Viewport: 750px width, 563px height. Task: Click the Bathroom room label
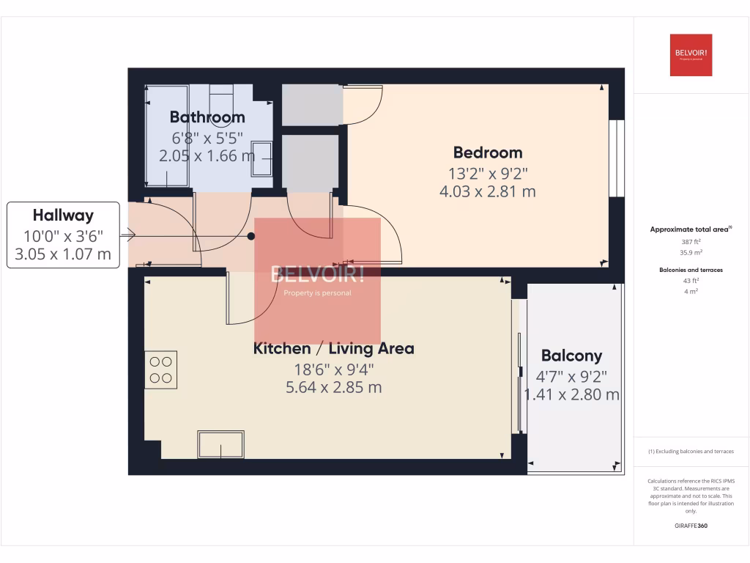tap(207, 117)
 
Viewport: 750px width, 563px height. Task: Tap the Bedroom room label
tap(488, 152)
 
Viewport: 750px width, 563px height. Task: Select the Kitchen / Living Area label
tap(333, 348)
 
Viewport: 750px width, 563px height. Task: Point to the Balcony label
tap(571, 356)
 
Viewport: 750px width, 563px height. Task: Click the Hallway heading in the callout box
tap(63, 216)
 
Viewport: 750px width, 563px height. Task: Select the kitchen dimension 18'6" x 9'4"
tap(333, 368)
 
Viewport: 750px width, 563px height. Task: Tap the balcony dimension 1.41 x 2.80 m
tap(571, 394)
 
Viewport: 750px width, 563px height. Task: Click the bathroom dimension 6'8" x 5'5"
tap(207, 137)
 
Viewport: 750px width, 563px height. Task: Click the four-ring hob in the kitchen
tap(161, 369)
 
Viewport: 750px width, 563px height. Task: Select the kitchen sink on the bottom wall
tap(220, 444)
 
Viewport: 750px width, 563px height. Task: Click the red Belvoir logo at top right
tap(691, 55)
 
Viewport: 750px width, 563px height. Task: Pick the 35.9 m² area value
tap(691, 251)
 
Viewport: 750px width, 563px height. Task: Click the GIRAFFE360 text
tap(691, 526)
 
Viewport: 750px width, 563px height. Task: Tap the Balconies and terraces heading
tap(691, 270)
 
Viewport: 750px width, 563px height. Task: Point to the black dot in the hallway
tap(251, 236)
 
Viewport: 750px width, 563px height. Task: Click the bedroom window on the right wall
tap(617, 158)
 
